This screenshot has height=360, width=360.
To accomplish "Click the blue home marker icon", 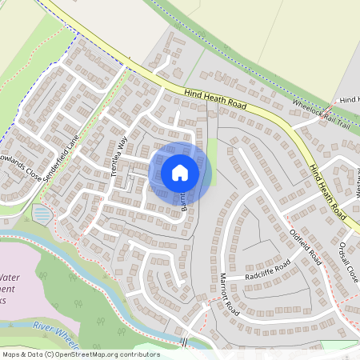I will click(x=180, y=172).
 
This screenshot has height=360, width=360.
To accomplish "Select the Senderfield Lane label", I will click(x=63, y=160).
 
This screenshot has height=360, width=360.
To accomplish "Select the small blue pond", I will click(x=41, y=214).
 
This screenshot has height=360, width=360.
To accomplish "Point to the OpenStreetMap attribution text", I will click(x=80, y=354).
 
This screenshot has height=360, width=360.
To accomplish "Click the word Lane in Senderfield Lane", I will click(x=72, y=146).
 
